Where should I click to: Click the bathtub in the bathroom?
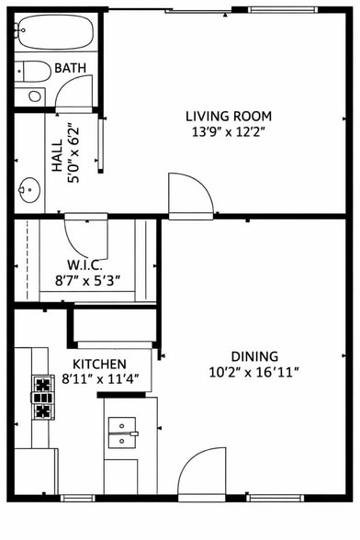click(x=53, y=34)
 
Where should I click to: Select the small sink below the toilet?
click(x=35, y=95)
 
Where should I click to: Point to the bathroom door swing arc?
click(x=75, y=92)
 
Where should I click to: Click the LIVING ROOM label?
click(x=229, y=116)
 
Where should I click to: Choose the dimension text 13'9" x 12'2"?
click(x=229, y=132)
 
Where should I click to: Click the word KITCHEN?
click(x=99, y=363)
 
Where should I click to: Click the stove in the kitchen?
click(x=42, y=397)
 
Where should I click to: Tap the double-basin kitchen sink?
click(x=122, y=432)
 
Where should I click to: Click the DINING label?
click(x=254, y=356)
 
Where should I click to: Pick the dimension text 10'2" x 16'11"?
click(x=254, y=372)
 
